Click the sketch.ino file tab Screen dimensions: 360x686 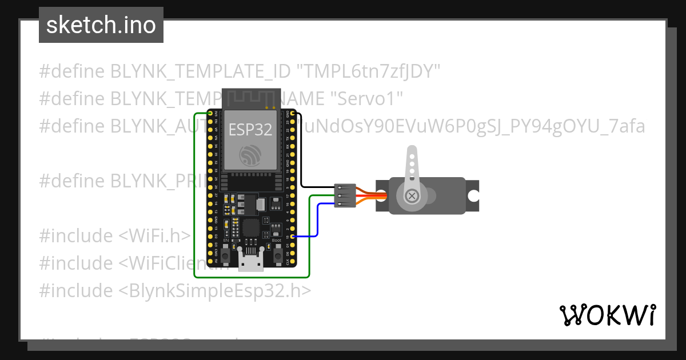pos(101,25)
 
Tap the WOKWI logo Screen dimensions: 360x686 pos(607,315)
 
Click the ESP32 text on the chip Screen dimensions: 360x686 pos(250,130)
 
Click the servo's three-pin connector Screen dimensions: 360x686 pos(345,195)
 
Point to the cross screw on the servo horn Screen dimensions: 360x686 pos(411,196)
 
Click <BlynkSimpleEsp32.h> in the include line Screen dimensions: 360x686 pos(215,290)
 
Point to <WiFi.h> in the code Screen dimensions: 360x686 pos(154,235)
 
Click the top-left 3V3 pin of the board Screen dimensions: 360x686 pos(210,115)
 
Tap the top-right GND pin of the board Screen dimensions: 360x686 pos(292,115)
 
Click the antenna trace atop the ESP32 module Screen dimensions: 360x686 pos(249,98)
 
